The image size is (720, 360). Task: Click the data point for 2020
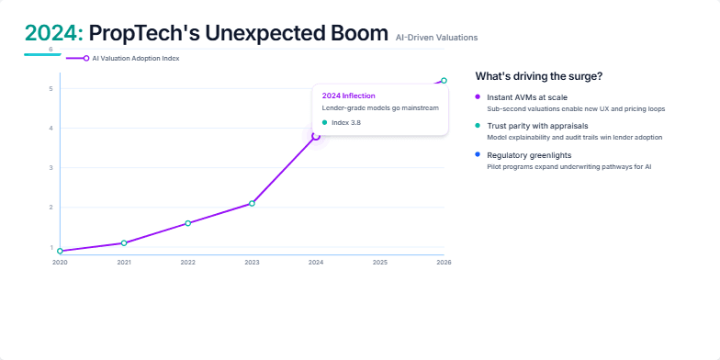60,251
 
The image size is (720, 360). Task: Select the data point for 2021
124,242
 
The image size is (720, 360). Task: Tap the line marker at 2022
187,223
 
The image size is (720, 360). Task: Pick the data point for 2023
252,203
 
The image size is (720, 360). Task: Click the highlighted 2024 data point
316,136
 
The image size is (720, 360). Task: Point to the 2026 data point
444,81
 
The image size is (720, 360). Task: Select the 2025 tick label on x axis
379,263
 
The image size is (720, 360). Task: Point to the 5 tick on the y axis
51,89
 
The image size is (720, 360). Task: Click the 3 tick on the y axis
51,168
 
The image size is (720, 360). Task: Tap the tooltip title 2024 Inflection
348,96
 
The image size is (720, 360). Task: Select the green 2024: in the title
54,34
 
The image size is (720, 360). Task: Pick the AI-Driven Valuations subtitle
436,38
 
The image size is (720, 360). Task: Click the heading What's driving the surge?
539,75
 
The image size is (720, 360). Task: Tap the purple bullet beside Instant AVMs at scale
478,96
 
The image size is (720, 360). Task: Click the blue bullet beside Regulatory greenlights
478,154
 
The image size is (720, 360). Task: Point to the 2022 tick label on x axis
187,263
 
